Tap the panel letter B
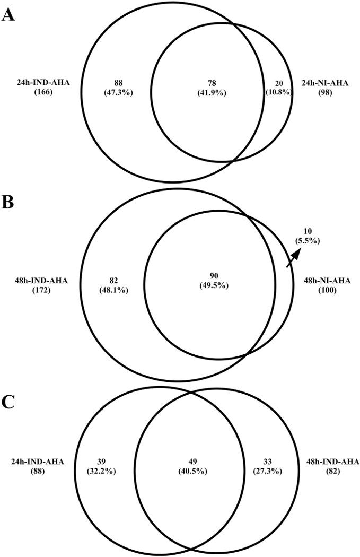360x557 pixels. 7,202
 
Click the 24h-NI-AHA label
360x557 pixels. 325,83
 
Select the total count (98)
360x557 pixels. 325,93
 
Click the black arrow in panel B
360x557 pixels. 294,256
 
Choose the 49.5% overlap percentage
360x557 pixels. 214,285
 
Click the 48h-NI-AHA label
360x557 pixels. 327,281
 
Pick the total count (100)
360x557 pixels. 327,291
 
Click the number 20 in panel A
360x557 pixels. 279,83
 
